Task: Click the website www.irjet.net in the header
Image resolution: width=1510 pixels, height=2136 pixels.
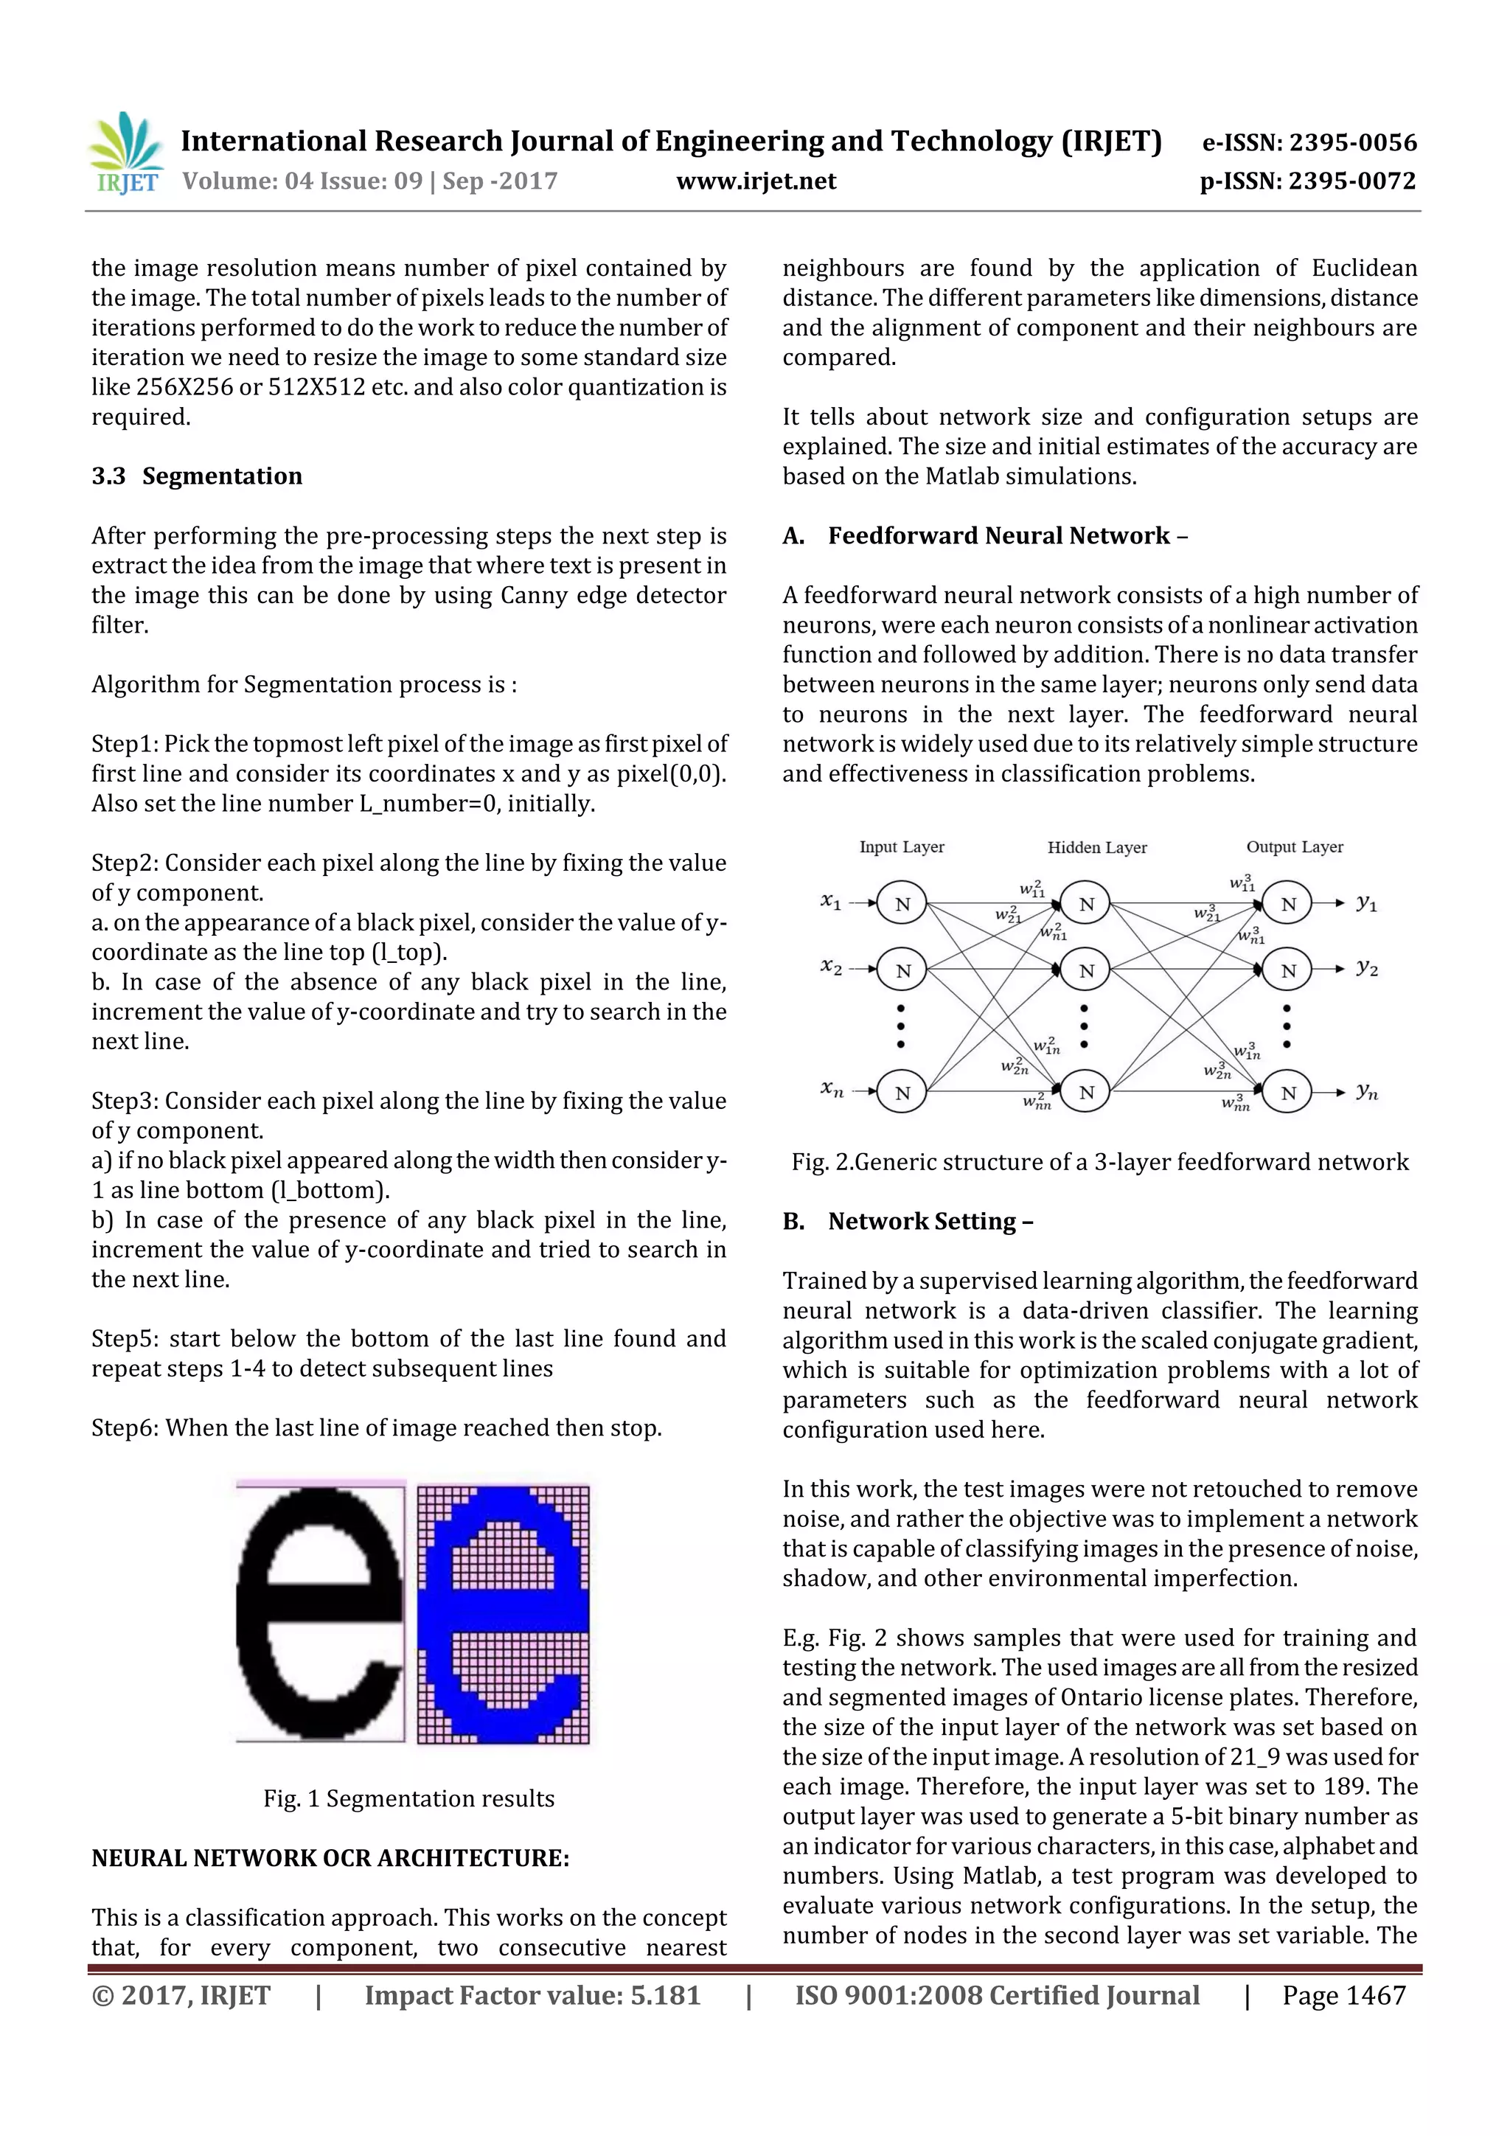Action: (x=756, y=181)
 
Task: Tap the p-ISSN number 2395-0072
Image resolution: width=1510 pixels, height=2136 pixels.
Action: (x=1351, y=181)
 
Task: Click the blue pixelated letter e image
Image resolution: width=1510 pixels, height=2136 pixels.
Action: (x=504, y=1613)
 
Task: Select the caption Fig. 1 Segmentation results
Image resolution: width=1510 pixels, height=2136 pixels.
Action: (x=408, y=1798)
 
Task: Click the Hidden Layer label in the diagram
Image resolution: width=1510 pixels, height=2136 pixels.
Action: (x=1097, y=847)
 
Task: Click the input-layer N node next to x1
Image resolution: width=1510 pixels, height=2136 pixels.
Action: (x=902, y=903)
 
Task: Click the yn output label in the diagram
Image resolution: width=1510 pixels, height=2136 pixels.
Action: (x=1365, y=1091)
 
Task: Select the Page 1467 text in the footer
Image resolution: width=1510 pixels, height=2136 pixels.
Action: (x=1343, y=1994)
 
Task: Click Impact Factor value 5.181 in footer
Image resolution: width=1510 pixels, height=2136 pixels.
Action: (x=532, y=1994)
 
